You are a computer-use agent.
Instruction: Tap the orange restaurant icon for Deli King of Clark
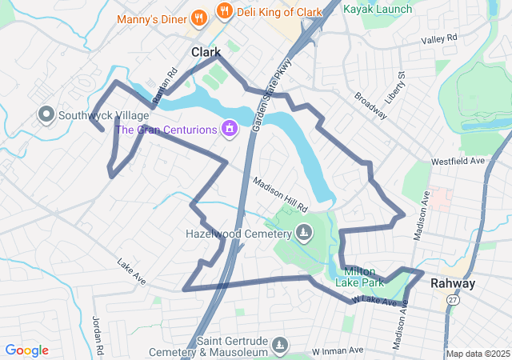tap(225, 12)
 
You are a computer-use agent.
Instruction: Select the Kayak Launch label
tap(378, 10)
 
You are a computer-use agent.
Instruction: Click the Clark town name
tap(206, 53)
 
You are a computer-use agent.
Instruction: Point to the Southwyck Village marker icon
tap(46, 116)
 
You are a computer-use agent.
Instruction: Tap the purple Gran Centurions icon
tap(230, 129)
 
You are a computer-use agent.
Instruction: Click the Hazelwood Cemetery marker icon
tap(304, 234)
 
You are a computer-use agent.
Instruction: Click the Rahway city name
tap(453, 283)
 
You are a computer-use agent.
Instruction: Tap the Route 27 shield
tap(454, 299)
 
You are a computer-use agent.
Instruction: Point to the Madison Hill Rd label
tap(280, 194)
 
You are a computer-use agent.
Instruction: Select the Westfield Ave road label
tap(458, 161)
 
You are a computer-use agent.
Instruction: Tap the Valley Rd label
tap(438, 38)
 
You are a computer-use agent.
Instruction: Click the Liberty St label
tap(397, 87)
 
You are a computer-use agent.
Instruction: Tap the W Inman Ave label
tap(338, 350)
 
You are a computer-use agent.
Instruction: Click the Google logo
tap(27, 350)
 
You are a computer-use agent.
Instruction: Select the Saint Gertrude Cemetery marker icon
tap(280, 345)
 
